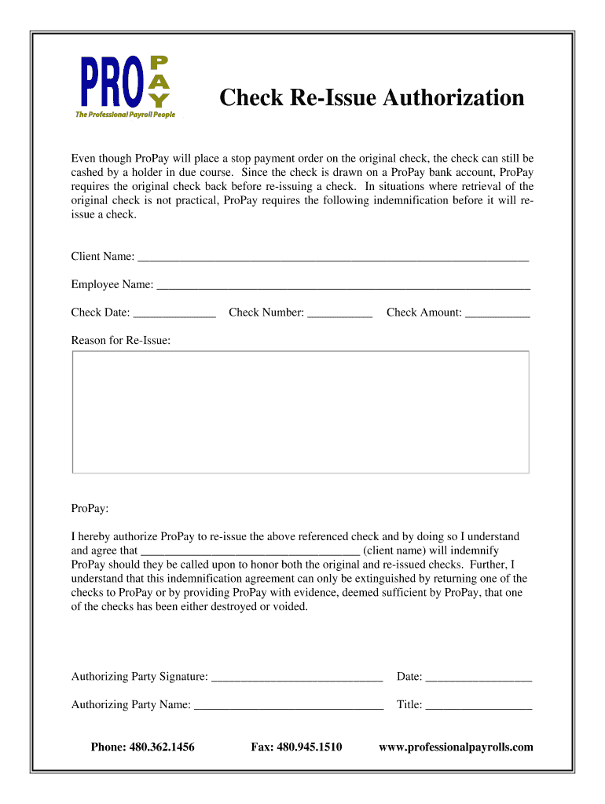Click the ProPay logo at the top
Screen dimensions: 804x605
tap(125, 83)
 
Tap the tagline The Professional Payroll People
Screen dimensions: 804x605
tap(125, 115)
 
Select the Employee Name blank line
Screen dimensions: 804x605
tap(343, 286)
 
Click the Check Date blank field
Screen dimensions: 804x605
tap(174, 314)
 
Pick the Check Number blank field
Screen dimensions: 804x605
tap(339, 314)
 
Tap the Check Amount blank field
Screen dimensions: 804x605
tap(497, 314)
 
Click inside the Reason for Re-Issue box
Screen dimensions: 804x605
tap(300, 411)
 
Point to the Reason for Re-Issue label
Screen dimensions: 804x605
tap(120, 340)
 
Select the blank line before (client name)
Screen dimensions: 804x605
tap(250, 552)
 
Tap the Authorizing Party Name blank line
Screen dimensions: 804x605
tap(288, 706)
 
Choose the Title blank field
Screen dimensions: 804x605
tap(478, 706)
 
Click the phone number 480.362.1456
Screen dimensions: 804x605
tap(164, 747)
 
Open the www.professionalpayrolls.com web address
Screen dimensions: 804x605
tap(456, 747)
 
